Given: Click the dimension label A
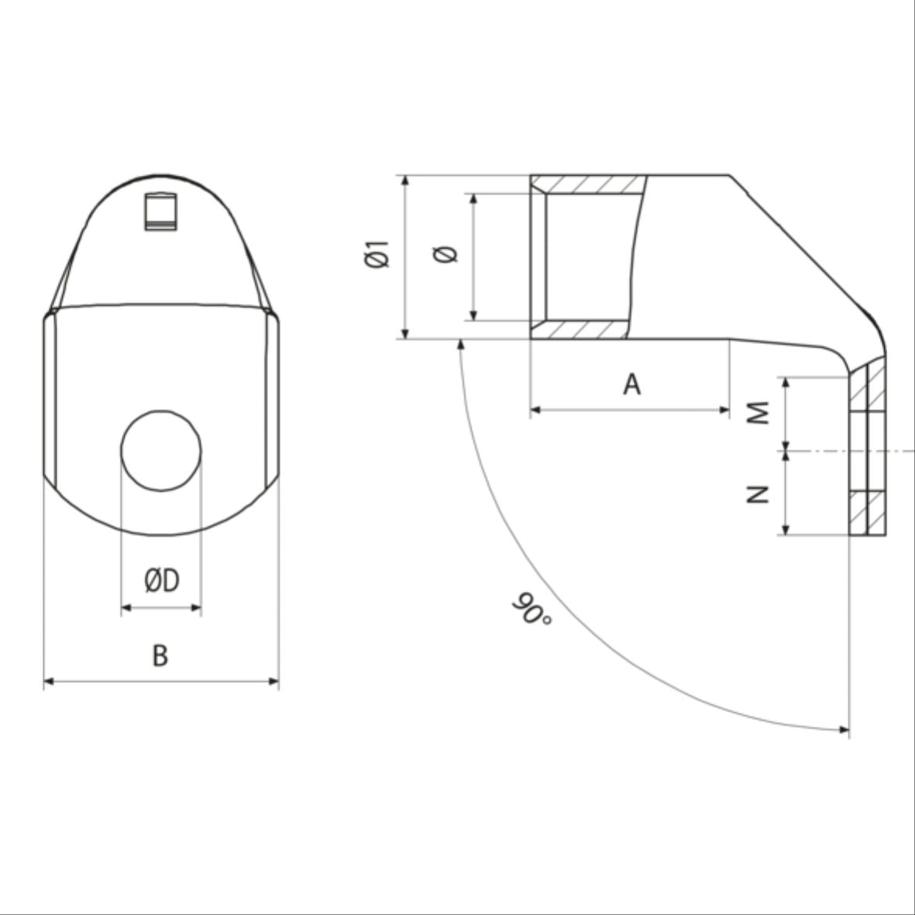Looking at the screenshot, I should point(632,384).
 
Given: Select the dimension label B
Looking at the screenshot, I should point(160,655).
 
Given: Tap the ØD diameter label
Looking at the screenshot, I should point(161,580).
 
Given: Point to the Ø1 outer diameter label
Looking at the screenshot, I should point(377,256).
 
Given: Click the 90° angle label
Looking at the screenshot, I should point(531,610).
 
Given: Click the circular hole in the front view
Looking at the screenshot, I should point(161,450).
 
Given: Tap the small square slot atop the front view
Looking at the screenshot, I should point(162,211).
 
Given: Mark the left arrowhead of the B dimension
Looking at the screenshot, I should point(48,681).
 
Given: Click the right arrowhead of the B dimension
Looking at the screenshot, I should point(273,681).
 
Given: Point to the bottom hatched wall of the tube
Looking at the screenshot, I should point(581,330).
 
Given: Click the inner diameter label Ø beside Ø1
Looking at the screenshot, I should point(447,255).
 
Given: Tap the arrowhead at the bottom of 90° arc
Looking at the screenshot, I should point(844,729).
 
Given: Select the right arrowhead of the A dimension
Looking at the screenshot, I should point(725,409).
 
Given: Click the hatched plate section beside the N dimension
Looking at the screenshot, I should point(868,513).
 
